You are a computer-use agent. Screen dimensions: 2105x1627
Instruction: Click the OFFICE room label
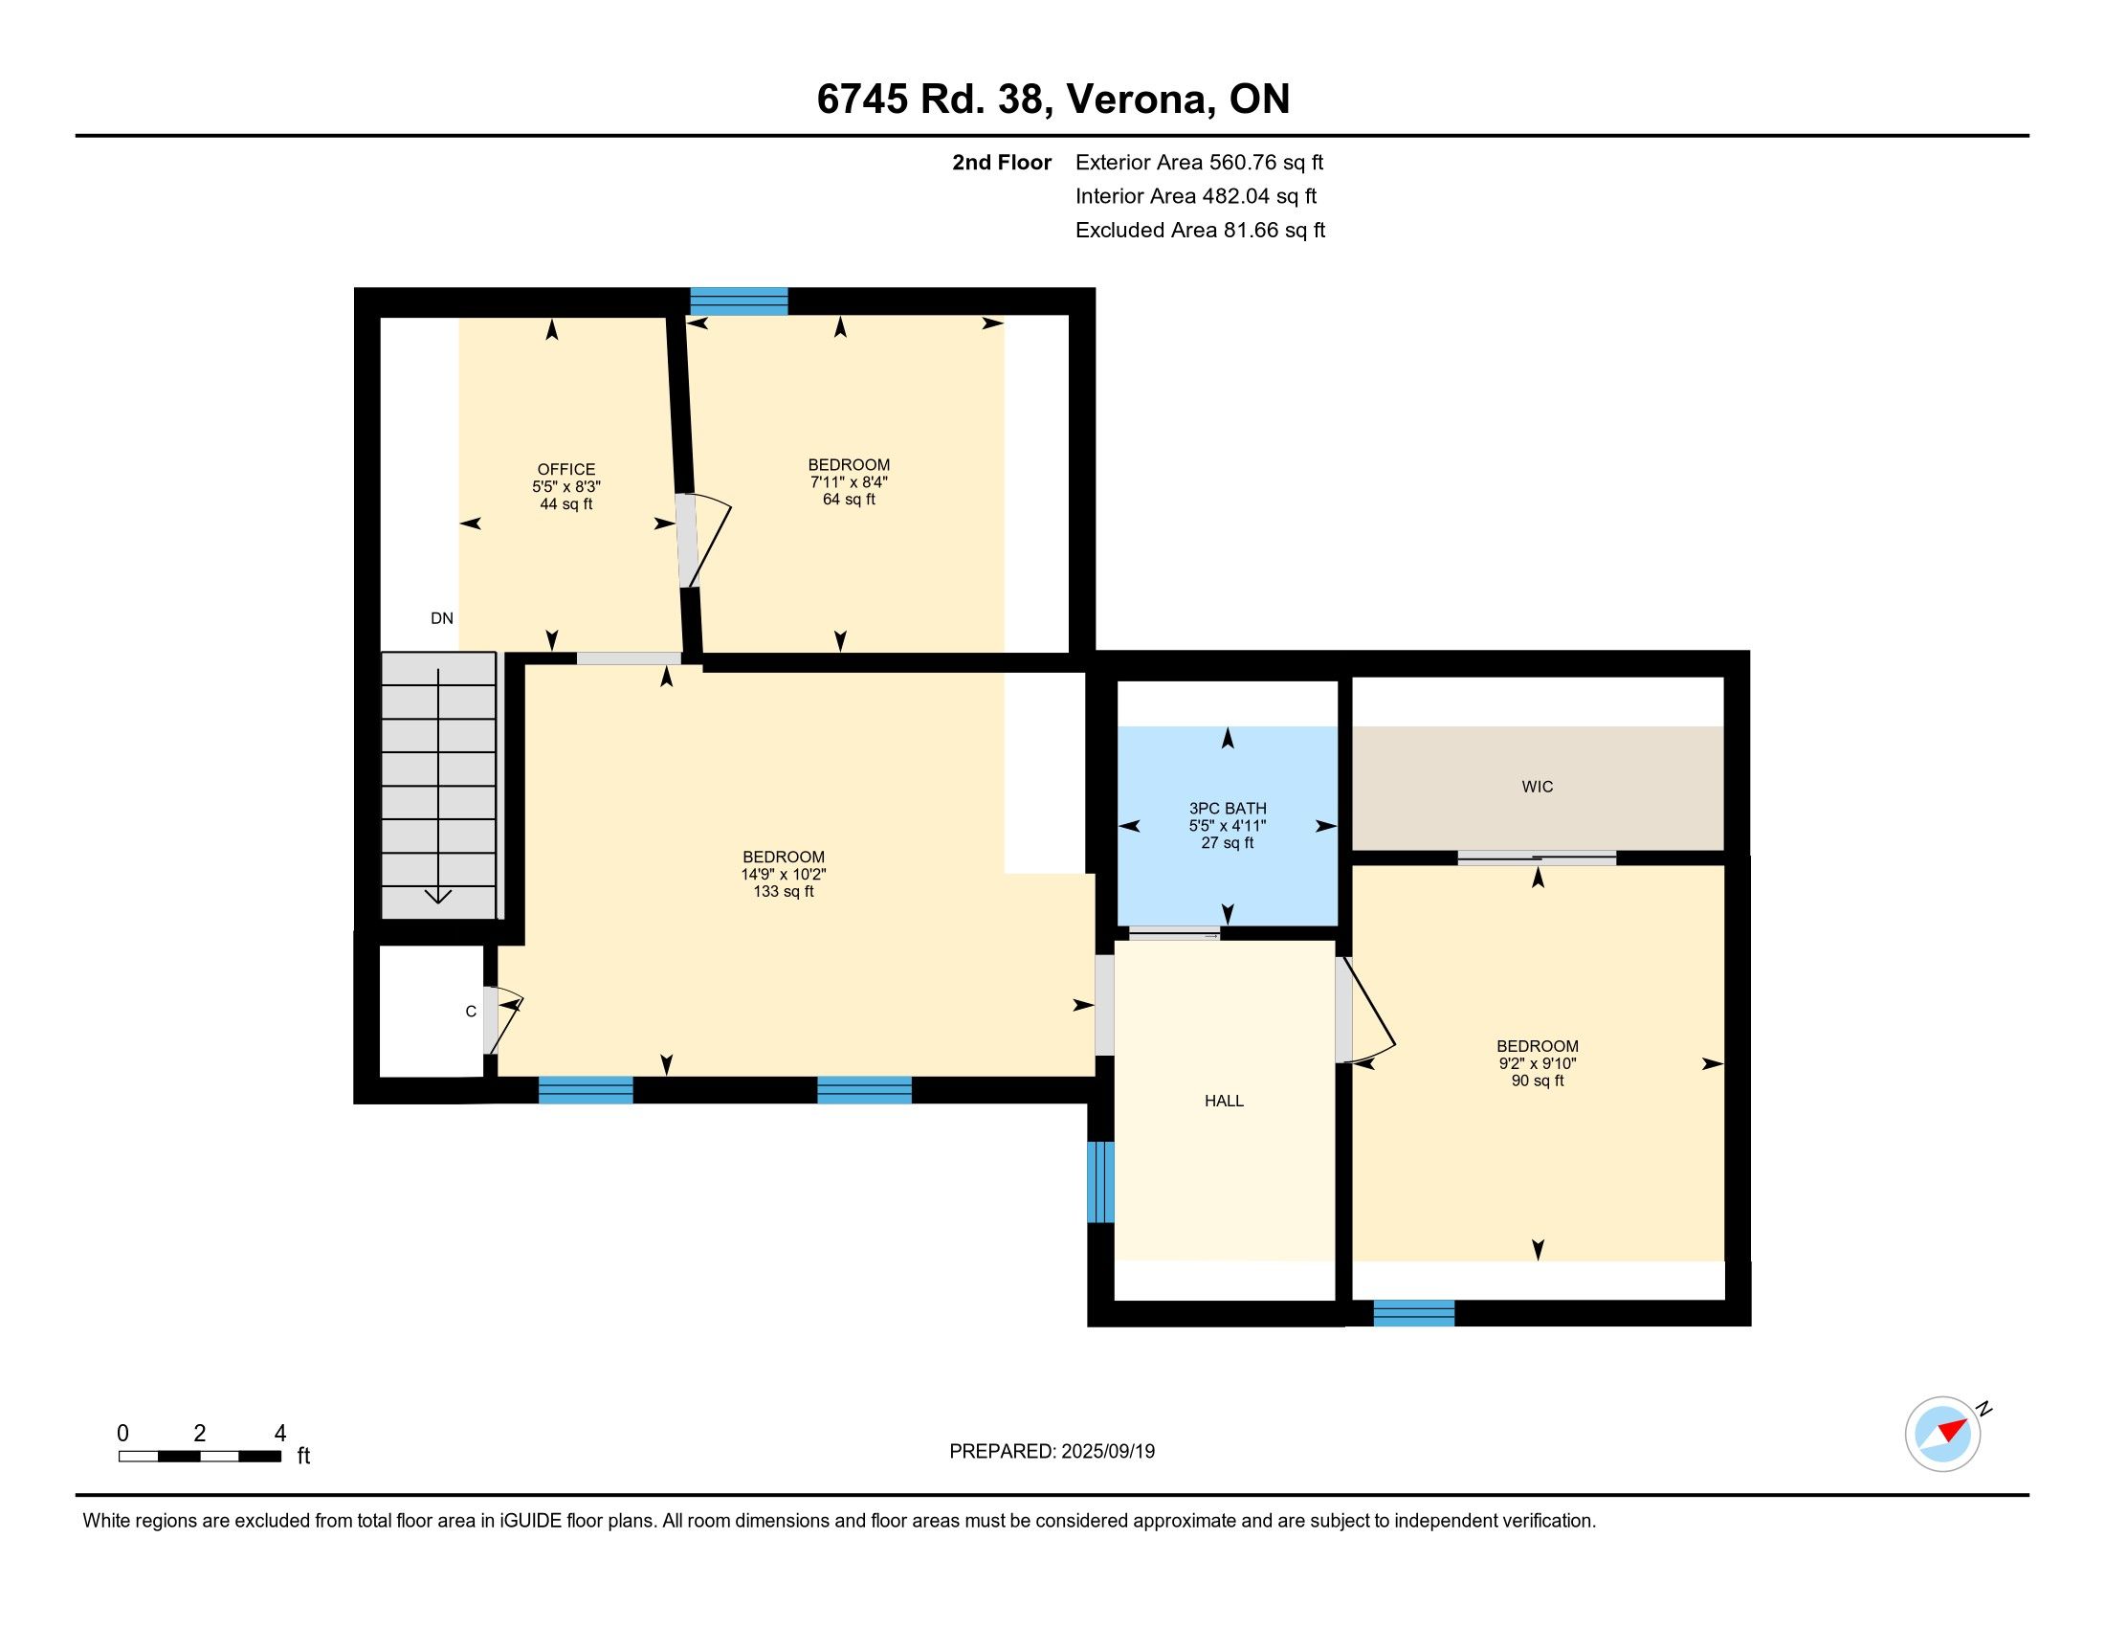565,469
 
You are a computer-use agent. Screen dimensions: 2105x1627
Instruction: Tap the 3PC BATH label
1227,809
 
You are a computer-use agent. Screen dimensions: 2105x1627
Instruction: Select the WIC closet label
1538,787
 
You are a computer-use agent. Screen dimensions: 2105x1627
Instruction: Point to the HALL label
1224,1101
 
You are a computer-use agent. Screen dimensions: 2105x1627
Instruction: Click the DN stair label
441,619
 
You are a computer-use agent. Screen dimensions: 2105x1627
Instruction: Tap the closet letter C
471,1011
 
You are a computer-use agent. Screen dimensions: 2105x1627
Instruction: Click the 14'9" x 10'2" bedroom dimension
784,874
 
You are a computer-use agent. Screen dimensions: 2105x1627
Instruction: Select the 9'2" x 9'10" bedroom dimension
1538,1063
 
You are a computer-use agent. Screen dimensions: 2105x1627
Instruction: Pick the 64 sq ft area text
849,500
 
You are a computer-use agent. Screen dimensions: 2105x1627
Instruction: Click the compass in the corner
1943,1434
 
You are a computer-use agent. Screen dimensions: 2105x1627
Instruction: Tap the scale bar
200,1457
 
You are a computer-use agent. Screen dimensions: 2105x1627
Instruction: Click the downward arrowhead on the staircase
438,896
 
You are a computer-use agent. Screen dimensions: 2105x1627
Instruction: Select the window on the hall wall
1100,1182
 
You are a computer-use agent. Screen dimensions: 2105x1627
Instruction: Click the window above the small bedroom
740,301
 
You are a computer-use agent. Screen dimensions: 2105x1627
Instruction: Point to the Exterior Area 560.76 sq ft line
1199,162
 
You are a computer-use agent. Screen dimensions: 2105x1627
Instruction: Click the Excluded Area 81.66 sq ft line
1200,230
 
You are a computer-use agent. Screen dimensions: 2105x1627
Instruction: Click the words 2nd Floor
1002,162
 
